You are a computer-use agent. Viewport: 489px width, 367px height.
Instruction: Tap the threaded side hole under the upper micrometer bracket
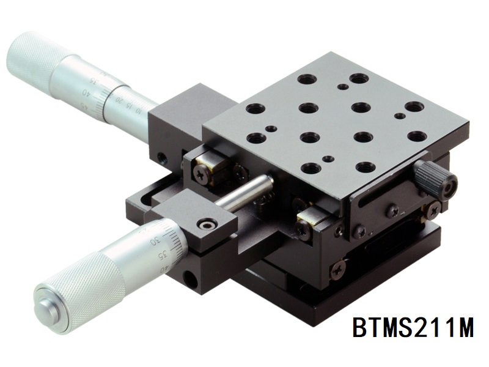coord(162,158)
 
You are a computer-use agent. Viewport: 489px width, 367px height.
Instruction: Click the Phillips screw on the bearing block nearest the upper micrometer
coord(202,174)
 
